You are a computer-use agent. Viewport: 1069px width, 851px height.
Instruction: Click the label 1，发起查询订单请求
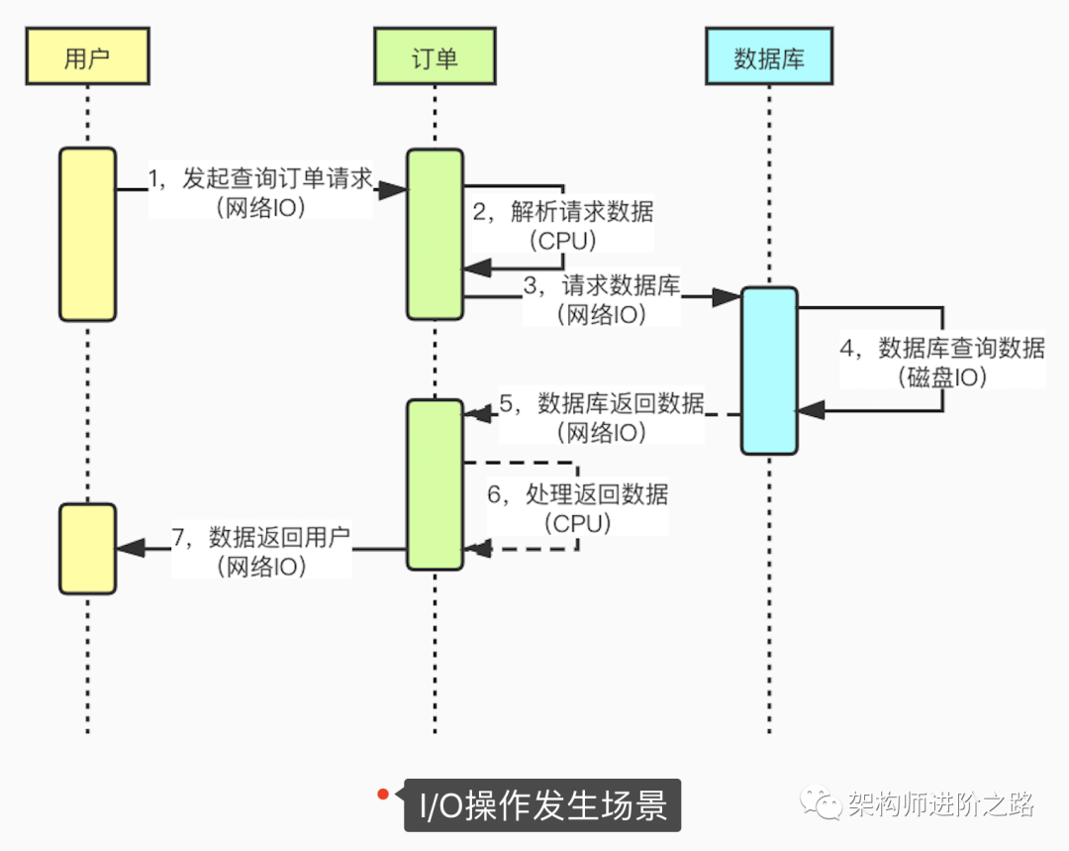coord(260,178)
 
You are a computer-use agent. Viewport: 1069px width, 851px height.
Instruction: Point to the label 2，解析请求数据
coord(562,211)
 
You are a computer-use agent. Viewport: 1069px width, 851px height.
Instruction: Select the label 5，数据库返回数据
coord(602,403)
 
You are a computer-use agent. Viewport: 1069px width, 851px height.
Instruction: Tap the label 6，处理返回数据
coord(577,494)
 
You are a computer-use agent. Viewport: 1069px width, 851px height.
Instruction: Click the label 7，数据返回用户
coord(261,538)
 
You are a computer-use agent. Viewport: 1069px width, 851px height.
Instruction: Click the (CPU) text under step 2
coord(562,240)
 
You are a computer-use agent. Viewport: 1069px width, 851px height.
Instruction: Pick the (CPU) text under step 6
coord(577,522)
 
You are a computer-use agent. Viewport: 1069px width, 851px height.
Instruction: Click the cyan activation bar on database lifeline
coord(769,371)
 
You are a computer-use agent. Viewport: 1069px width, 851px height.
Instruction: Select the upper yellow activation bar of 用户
coord(87,234)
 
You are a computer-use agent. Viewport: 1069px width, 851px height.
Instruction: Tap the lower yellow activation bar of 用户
coord(87,549)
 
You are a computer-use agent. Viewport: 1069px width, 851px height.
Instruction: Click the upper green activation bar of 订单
coord(435,234)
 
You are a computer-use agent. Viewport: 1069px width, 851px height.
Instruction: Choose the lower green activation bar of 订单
coord(435,484)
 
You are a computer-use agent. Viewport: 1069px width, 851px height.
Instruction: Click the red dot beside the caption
coord(381,794)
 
